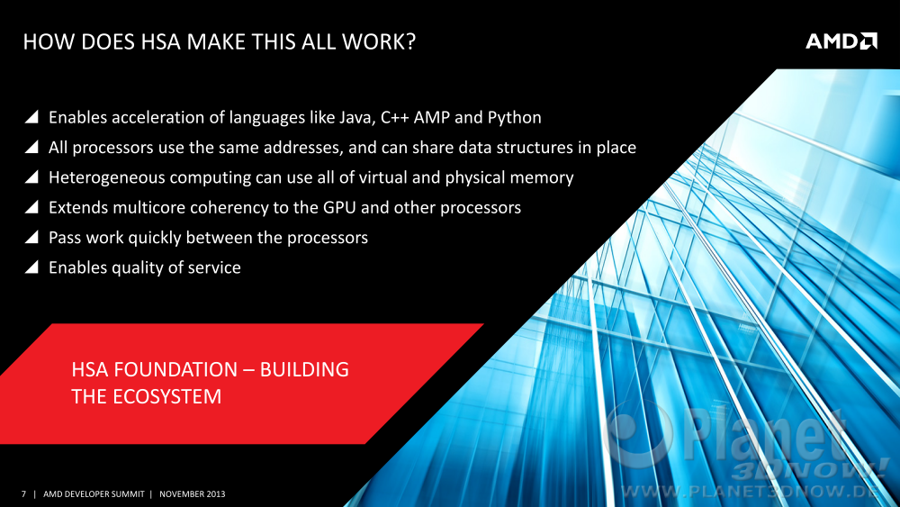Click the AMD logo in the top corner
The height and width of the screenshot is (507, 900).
point(841,41)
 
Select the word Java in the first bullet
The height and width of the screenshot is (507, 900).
point(357,118)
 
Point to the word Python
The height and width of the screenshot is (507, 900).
point(514,118)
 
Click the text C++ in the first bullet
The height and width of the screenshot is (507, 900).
point(395,118)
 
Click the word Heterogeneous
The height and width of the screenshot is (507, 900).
point(107,178)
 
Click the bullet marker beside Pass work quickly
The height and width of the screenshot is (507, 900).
point(32,237)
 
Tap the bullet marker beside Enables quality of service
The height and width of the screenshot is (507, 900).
point(32,267)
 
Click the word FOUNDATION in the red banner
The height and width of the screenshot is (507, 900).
point(175,369)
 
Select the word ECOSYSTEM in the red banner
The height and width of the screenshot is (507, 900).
point(167,397)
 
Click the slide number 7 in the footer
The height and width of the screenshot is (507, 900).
point(23,493)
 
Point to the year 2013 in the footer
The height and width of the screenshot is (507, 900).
point(216,493)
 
